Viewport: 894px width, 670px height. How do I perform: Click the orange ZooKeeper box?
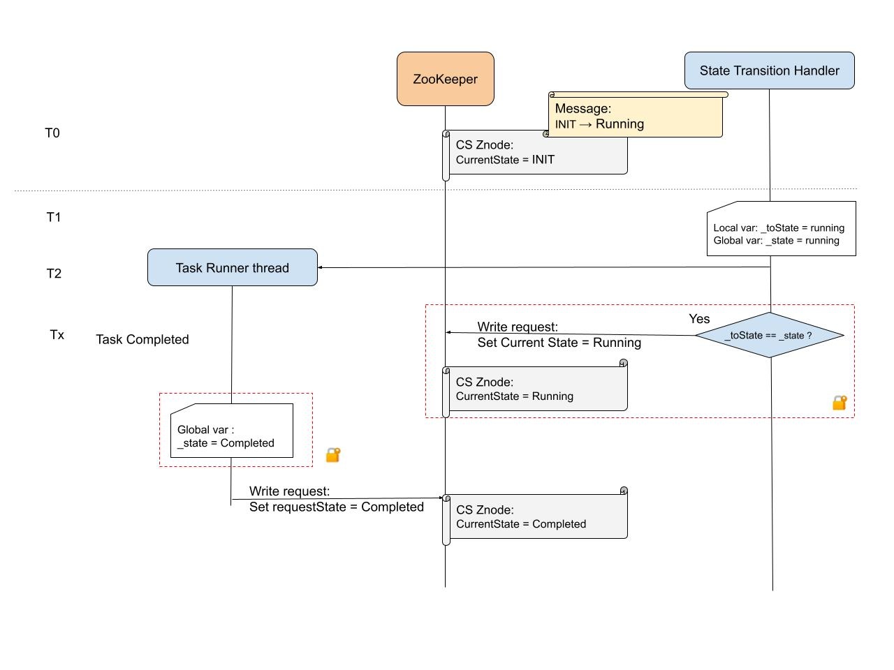click(x=446, y=79)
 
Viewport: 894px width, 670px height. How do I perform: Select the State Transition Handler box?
click(x=769, y=70)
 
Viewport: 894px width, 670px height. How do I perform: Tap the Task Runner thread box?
click(x=233, y=268)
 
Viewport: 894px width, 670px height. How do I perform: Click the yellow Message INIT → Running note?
click(x=635, y=117)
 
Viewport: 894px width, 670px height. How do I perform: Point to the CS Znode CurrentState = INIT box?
click(x=536, y=153)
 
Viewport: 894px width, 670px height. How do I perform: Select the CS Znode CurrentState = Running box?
click(x=536, y=389)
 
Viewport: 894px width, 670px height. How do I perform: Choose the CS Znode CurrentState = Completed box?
click(x=536, y=517)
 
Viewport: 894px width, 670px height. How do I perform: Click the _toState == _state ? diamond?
click(x=769, y=336)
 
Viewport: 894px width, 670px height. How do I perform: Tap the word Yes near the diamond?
click(x=699, y=319)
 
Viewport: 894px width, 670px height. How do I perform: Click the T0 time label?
click(x=52, y=133)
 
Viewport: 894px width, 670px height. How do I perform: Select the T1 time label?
click(x=54, y=218)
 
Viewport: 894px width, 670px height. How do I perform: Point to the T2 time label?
click(x=54, y=274)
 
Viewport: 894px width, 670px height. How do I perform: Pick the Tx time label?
click(x=57, y=335)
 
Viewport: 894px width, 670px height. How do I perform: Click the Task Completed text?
click(x=142, y=340)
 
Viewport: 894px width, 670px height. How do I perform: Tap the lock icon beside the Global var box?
click(x=333, y=455)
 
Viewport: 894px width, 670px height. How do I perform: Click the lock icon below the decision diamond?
click(x=840, y=403)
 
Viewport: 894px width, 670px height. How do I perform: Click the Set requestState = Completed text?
click(x=336, y=507)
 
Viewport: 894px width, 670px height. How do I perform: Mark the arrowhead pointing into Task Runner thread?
click(x=321, y=268)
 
